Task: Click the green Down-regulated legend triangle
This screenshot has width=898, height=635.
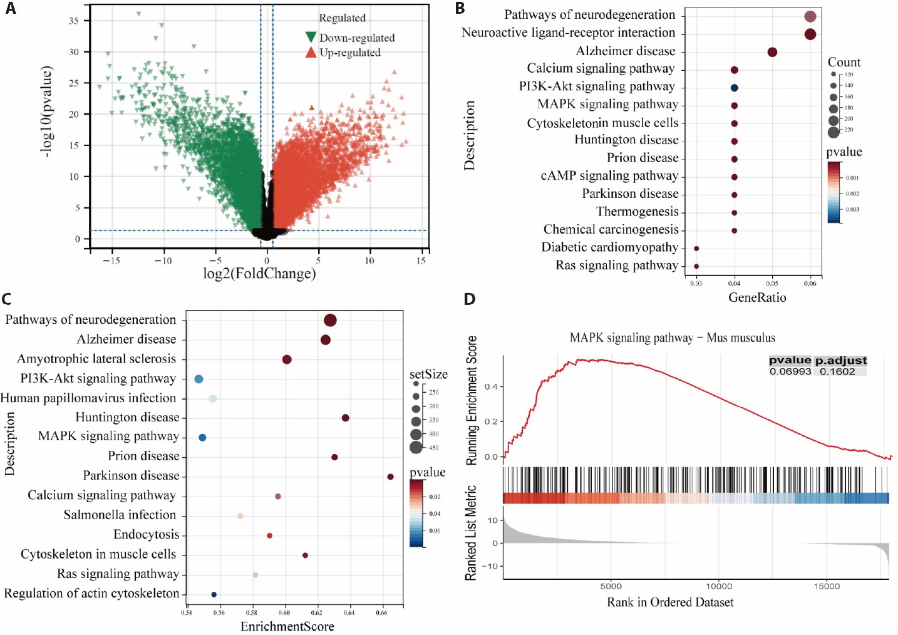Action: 311,38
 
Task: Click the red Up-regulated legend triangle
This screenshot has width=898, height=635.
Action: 311,53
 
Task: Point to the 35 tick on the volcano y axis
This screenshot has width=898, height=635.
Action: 74,21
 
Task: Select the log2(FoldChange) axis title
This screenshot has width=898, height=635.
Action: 259,274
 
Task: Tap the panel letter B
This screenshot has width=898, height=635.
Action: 460,8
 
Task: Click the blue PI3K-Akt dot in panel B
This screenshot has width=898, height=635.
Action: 734,88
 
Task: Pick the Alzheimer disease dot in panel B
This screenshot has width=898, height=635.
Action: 772,52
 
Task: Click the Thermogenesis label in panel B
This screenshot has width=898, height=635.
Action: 637,212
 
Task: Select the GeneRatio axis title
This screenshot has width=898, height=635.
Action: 757,298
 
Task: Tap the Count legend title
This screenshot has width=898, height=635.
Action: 844,62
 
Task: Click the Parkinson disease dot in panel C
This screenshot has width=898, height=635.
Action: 391,477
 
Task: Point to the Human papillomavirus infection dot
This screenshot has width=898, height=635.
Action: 213,399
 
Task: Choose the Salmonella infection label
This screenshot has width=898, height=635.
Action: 120,515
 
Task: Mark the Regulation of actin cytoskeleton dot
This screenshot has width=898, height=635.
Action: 214,594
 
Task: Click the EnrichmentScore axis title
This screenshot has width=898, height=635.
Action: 287,626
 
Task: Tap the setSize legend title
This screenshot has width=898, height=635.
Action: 428,374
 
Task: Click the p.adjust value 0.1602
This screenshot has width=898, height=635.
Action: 837,371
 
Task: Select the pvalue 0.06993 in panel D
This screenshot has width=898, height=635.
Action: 790,371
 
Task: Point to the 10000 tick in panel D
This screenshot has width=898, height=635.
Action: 719,586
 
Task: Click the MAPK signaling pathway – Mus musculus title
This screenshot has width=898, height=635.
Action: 672,338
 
